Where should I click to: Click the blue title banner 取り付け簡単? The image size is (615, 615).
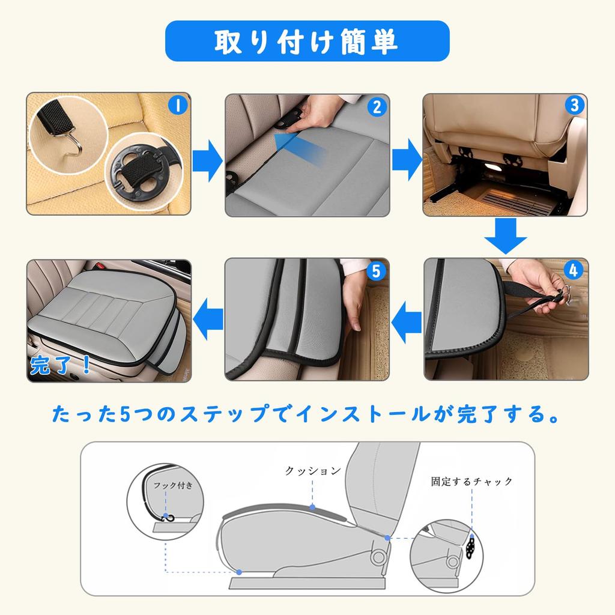point(307,41)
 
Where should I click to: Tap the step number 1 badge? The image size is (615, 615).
point(177,106)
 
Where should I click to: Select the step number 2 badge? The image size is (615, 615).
point(377,107)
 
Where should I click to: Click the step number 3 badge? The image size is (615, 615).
point(574,106)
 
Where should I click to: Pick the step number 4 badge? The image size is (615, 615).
point(573,271)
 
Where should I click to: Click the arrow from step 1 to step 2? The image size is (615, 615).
point(208,160)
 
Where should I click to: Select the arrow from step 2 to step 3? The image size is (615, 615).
point(407,160)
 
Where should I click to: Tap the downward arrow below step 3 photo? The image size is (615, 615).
point(505,236)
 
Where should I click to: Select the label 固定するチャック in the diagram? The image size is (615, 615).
point(471,481)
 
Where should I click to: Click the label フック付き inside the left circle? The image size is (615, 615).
point(173,485)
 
